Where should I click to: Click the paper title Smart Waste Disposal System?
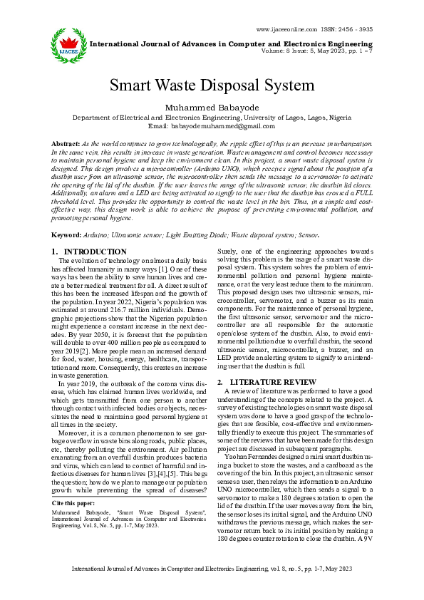212,85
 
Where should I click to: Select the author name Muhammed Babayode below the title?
212,107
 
